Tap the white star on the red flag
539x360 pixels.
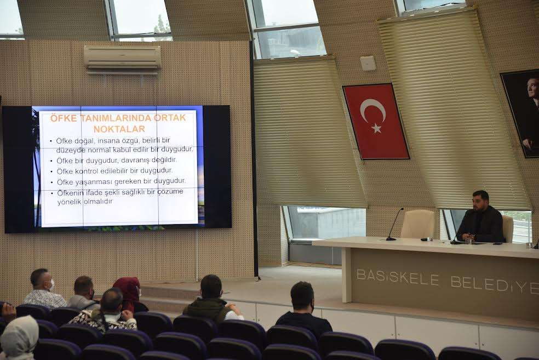[x=376, y=129]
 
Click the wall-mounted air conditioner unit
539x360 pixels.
[x=122, y=59]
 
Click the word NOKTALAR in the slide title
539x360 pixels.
[x=119, y=129]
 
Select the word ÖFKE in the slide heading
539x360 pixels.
[x=64, y=118]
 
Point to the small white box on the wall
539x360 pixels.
[x=368, y=63]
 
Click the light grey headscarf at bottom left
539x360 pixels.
[x=19, y=337]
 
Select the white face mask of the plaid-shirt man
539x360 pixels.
[x=52, y=285]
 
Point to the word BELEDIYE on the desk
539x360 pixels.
[x=495, y=284]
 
